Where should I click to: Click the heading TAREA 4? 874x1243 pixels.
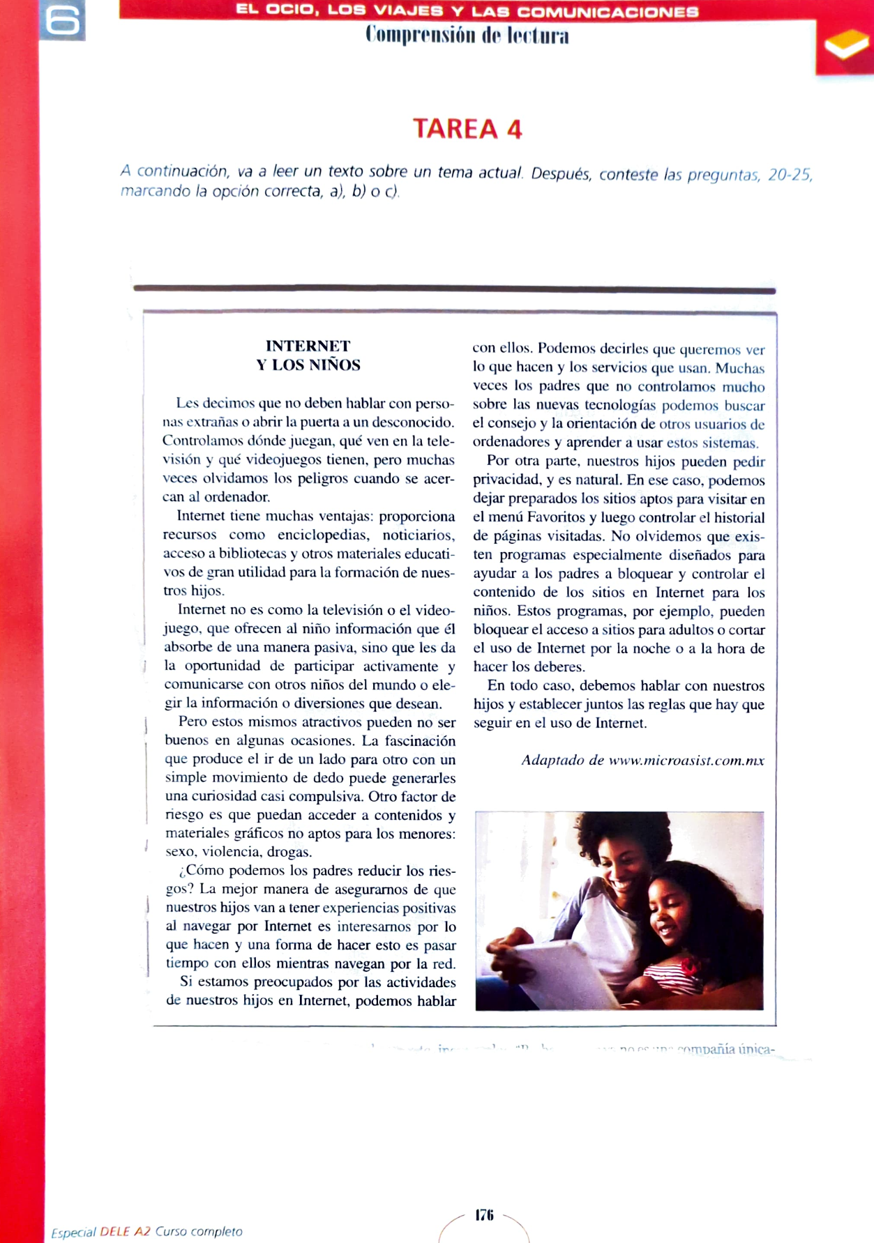click(x=467, y=129)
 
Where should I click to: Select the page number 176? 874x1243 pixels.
click(x=484, y=1215)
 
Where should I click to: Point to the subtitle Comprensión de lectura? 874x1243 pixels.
click(x=467, y=36)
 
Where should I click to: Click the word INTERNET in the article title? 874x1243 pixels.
click(x=308, y=346)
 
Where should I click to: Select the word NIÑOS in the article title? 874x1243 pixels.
click(x=333, y=365)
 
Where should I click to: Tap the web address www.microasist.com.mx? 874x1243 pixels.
click(x=686, y=761)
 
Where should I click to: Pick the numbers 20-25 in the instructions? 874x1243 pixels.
click(x=789, y=174)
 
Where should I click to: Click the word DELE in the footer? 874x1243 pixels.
click(x=114, y=1232)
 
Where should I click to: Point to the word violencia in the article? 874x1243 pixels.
click(x=234, y=852)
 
